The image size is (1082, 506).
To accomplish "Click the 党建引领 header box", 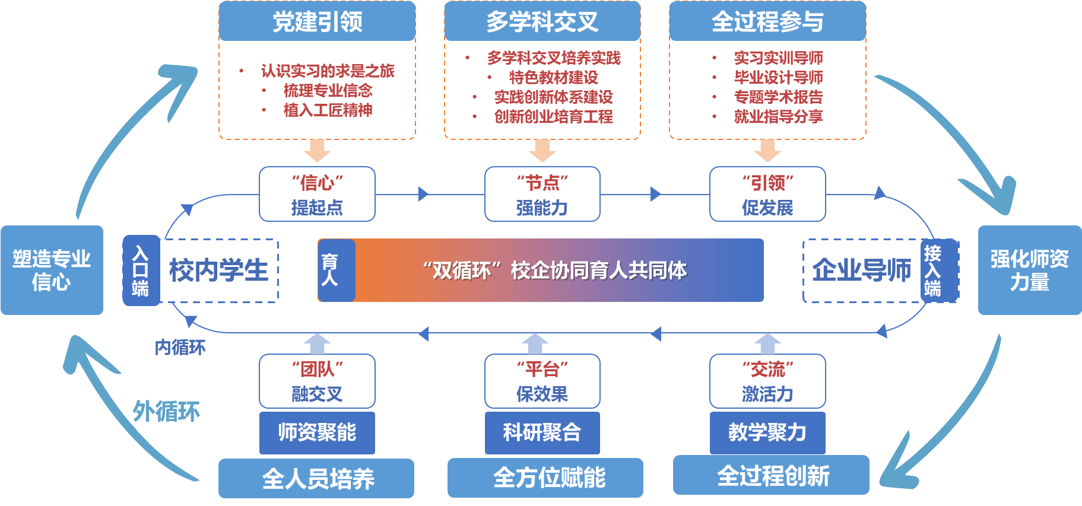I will coord(317,22).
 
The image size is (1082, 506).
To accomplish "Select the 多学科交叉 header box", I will coord(542,22).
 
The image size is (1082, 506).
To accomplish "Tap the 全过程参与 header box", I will coord(767,22).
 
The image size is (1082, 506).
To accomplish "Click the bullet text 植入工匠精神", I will coord(328,110).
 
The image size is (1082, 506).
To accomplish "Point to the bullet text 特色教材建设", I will coord(553,78).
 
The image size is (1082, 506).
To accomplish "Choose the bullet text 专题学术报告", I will coord(778,97).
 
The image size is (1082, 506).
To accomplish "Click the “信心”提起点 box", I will coord(317,195).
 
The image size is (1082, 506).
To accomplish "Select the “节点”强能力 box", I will coord(542,195).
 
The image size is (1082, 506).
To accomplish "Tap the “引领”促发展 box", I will coord(767,195).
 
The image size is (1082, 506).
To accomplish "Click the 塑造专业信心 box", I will coord(52,270).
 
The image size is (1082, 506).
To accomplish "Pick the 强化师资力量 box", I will coord(1029,270).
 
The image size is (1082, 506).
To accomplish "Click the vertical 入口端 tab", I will coord(141,270).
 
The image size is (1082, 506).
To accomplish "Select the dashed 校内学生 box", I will coord(219,270).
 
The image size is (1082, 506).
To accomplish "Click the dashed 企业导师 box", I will coord(861,270).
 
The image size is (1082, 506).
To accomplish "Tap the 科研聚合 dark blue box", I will coord(542,432).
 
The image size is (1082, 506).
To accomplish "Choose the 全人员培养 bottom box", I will coord(316,478).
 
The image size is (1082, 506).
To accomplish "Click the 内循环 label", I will coord(180,347).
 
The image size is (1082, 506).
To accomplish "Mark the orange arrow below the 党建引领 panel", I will coord(317,151).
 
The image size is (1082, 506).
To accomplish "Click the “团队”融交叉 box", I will coord(317,381).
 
